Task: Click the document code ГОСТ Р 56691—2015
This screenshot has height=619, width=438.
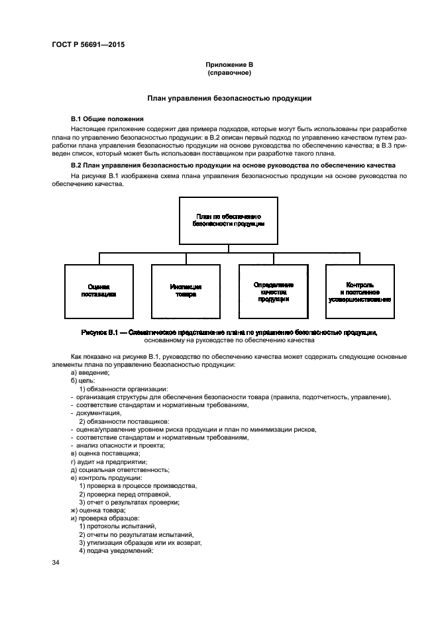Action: [x=87, y=44]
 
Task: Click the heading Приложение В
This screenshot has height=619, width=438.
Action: [x=229, y=64]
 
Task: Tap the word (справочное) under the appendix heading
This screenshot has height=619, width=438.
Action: [x=229, y=73]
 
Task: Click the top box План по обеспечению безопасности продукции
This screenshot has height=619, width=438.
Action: [x=229, y=220]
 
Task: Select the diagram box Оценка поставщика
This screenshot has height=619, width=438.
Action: [x=99, y=291]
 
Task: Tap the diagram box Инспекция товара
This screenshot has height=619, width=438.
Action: [x=186, y=291]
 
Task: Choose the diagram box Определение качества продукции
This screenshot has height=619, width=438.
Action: [x=273, y=291]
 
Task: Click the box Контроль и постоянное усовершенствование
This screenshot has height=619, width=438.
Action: [x=360, y=291]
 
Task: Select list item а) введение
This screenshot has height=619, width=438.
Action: [x=90, y=373]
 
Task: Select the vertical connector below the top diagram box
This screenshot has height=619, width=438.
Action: [x=229, y=248]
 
